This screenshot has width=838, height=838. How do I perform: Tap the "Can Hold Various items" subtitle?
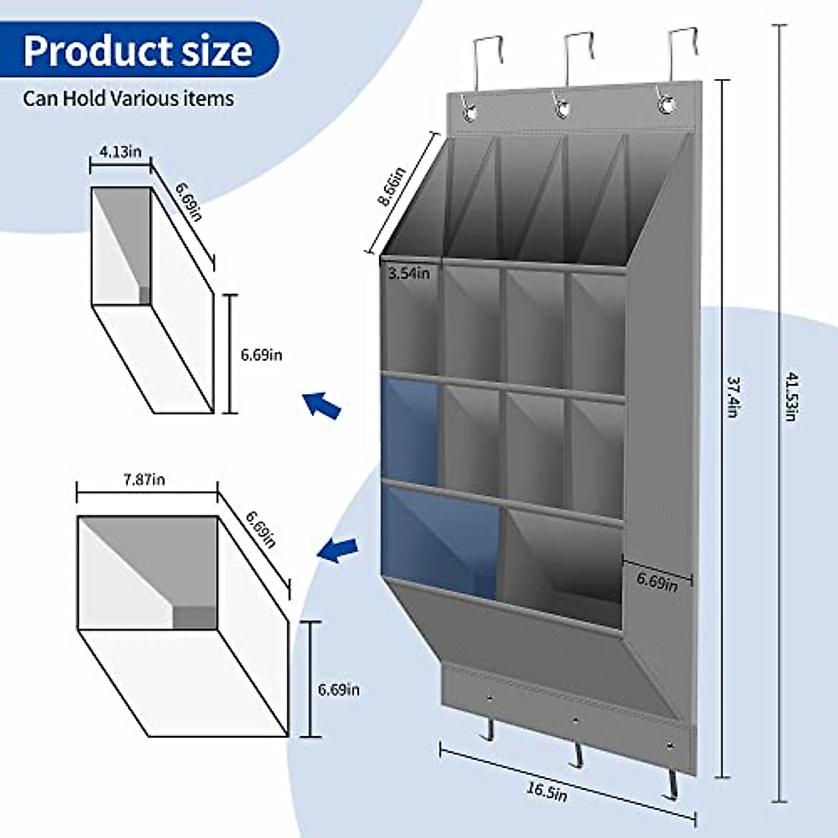(x=128, y=98)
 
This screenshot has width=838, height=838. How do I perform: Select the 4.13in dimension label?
(x=121, y=152)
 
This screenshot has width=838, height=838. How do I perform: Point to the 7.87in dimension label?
(x=145, y=480)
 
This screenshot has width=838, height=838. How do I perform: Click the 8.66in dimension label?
(x=392, y=187)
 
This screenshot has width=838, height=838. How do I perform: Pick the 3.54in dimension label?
(x=409, y=274)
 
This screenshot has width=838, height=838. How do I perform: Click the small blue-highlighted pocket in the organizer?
(x=410, y=432)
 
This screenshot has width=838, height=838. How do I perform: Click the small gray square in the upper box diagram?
(x=145, y=295)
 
